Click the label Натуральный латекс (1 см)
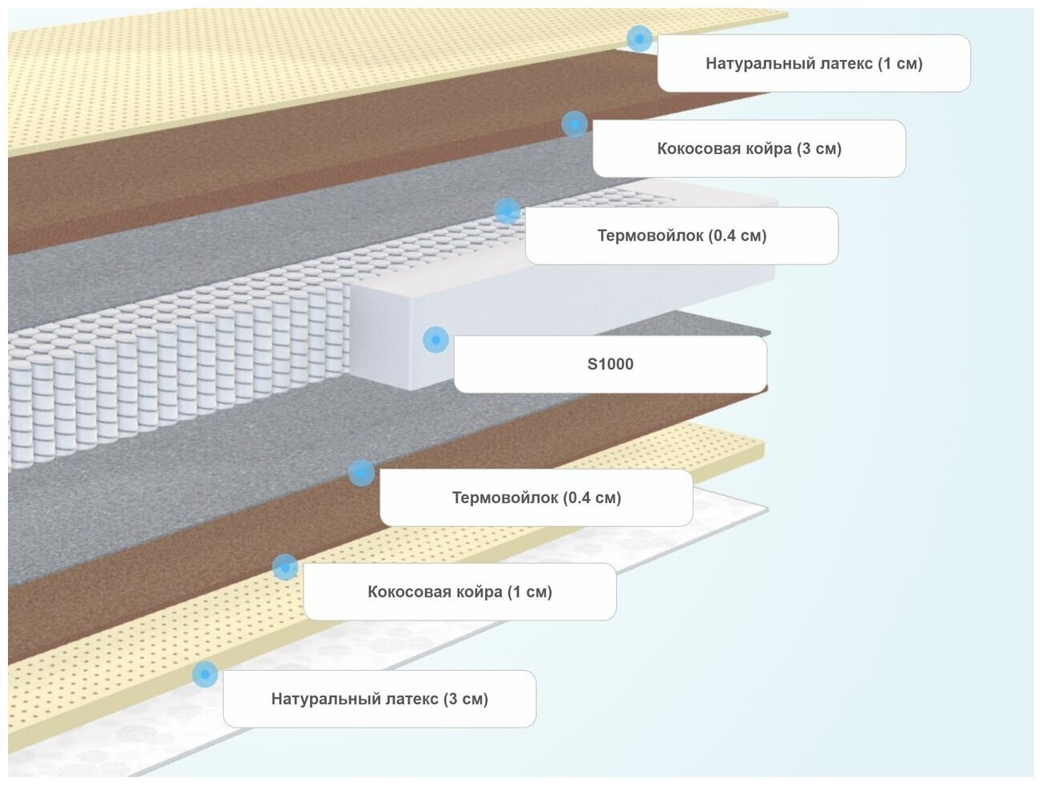click(813, 63)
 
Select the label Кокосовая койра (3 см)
click(749, 149)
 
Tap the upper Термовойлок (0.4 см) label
click(682, 236)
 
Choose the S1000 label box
click(610, 364)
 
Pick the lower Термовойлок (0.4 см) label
click(536, 498)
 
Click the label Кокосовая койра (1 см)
click(459, 592)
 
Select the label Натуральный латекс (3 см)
click(380, 699)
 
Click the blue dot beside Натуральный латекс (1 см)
click(638, 38)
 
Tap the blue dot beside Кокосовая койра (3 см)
click(575, 124)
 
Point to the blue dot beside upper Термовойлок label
click(507, 211)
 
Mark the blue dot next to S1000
click(435, 339)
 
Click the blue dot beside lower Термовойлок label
click(361, 473)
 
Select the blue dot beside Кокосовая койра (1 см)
click(284, 567)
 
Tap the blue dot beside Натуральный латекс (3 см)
click(205, 674)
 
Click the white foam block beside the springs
click(392, 335)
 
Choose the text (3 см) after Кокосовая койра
click(818, 149)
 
